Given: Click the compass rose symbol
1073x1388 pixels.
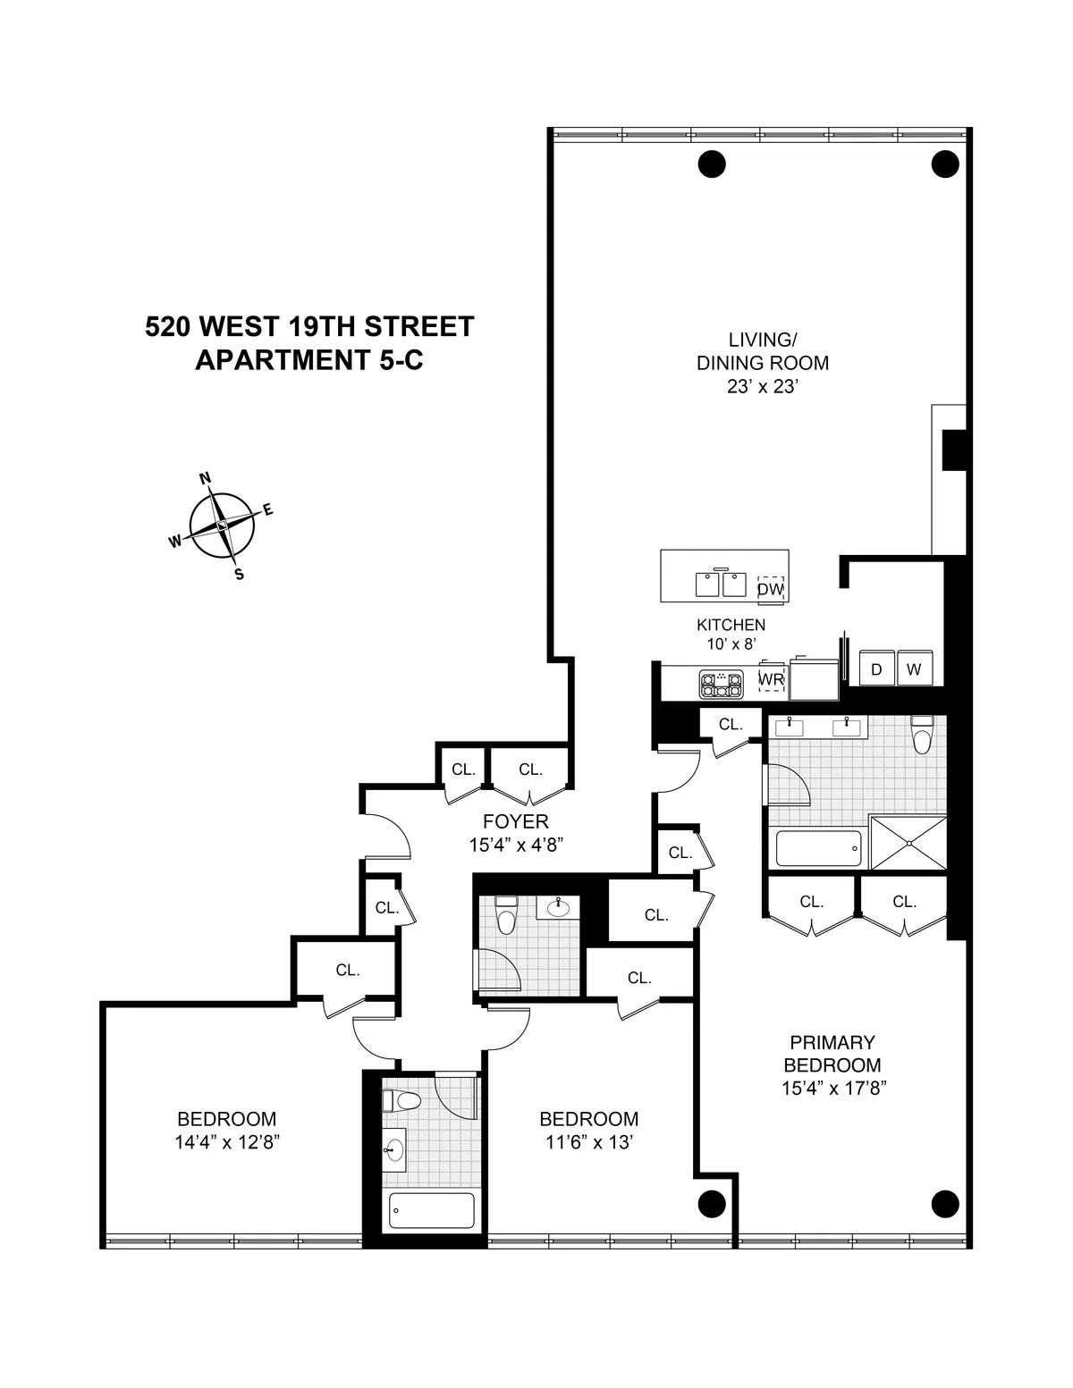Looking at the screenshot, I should (x=222, y=526).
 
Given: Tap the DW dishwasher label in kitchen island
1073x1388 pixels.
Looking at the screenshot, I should (x=770, y=589).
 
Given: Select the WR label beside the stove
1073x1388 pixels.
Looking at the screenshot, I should (x=771, y=679).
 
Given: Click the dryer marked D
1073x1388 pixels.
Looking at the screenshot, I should (x=876, y=669).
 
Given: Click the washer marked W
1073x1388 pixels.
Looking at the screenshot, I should (x=914, y=669).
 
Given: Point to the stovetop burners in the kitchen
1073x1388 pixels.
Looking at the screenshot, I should (x=721, y=685).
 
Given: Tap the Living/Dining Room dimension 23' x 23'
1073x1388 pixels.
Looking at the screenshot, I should (x=762, y=387).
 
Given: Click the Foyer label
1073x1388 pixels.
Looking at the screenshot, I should (x=515, y=821).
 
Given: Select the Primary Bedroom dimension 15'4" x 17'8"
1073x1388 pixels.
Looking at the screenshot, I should (x=832, y=1089).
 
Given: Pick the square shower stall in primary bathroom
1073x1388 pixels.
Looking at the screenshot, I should (x=908, y=842).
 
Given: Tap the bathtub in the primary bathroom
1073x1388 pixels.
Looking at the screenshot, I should (x=818, y=848).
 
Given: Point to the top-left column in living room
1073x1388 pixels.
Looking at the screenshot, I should (x=711, y=164).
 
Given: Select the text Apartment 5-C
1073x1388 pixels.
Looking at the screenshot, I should (x=308, y=359).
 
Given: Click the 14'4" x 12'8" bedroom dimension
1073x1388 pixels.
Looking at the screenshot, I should (x=228, y=1142).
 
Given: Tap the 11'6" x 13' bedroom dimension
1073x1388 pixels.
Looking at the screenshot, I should (x=588, y=1142).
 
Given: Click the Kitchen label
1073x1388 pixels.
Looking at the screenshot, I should (x=731, y=625).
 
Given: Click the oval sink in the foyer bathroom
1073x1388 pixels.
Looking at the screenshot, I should (x=559, y=908).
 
